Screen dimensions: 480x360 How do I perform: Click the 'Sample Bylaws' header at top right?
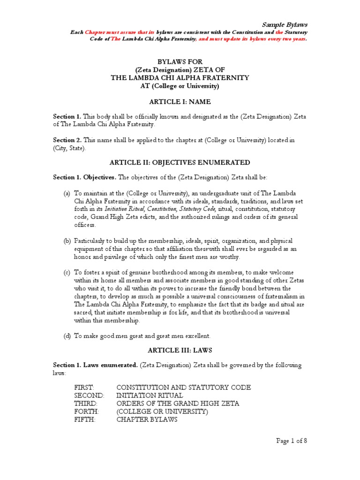pos(284,24)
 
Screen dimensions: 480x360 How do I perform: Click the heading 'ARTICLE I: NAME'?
pos(180,102)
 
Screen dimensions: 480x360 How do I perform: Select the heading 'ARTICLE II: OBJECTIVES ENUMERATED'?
pos(180,162)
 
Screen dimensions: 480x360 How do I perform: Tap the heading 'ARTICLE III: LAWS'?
pos(180,351)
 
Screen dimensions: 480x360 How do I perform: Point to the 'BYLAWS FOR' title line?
pos(180,61)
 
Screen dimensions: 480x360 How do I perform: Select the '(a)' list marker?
pos(67,193)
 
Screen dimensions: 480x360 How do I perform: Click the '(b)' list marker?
pos(67,240)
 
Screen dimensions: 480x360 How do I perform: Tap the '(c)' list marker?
pos(67,272)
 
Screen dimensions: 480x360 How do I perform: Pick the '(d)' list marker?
pos(67,336)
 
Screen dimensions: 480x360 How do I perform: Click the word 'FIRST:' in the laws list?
pos(84,388)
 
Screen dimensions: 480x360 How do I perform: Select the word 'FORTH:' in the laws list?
pos(85,412)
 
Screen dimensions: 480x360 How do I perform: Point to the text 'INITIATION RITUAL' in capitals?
pos(150,396)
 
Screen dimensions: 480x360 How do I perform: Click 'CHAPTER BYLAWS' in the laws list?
pos(147,420)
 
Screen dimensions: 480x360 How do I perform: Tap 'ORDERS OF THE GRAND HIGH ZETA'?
pos(178,404)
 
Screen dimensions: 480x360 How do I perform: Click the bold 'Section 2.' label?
pos(67,140)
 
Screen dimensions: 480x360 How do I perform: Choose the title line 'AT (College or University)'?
pos(180,86)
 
